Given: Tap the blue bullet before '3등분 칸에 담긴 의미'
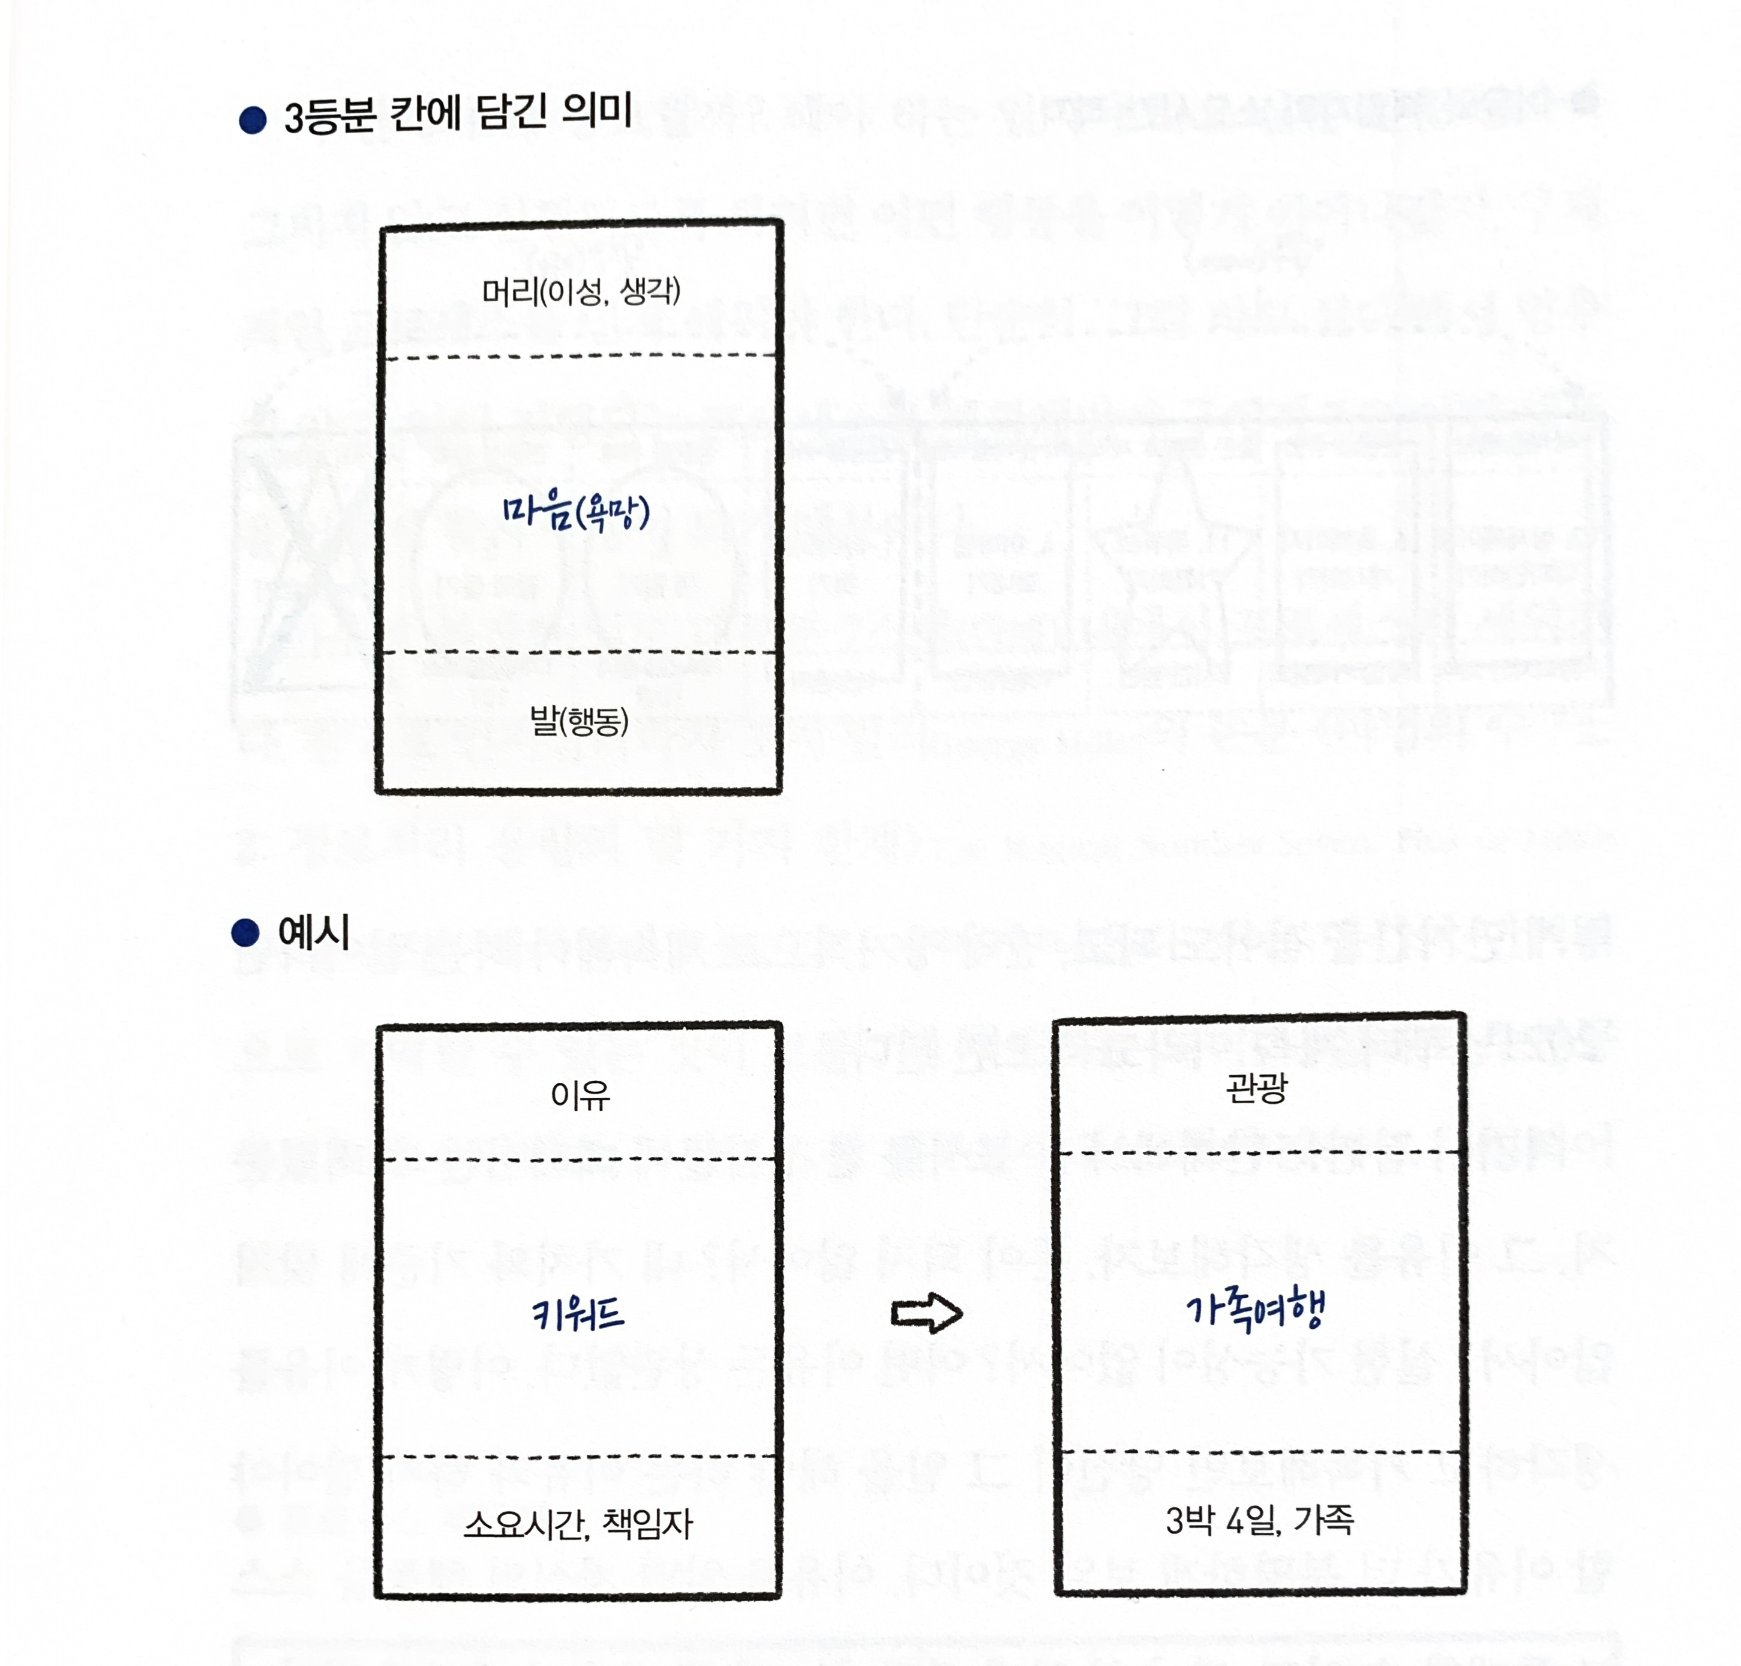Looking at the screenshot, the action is [253, 120].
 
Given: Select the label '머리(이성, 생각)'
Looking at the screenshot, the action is [581, 290].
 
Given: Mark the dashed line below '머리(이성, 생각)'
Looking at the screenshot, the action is [579, 357].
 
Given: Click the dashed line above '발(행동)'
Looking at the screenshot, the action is [579, 653].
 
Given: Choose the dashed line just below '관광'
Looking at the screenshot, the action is [1259, 1152].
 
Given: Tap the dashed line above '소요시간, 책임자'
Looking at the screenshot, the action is [579, 1457].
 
